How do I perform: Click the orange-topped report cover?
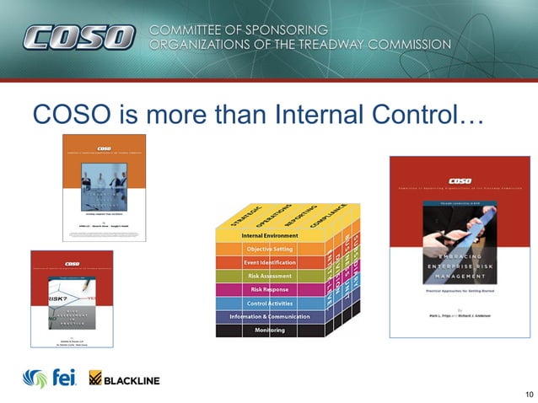click(x=105, y=188)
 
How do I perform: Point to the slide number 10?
click(x=529, y=395)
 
